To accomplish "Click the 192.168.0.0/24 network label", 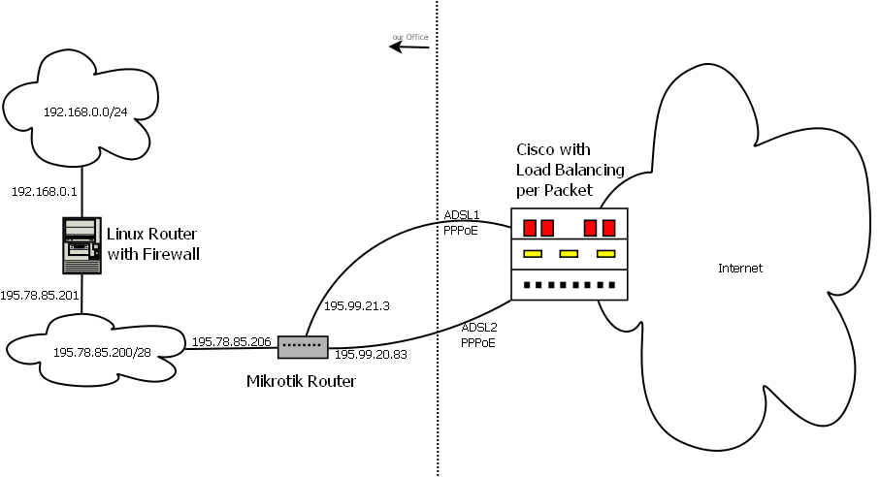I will pyautogui.click(x=85, y=112).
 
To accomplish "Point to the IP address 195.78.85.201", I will pyautogui.click(x=40, y=294).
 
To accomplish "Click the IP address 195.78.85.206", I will pyautogui.click(x=232, y=342).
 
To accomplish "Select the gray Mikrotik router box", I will pyautogui.click(x=303, y=345).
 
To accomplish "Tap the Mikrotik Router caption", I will pyautogui.click(x=302, y=382).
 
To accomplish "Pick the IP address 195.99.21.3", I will pyautogui.click(x=355, y=305).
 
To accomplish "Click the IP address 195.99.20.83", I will pyautogui.click(x=372, y=356).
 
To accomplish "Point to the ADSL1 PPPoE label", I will pyautogui.click(x=462, y=223).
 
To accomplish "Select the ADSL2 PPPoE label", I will pyautogui.click(x=479, y=334).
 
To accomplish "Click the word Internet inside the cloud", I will pyautogui.click(x=739, y=269).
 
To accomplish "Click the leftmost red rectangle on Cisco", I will pyautogui.click(x=530, y=228).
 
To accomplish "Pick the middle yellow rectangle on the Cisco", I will pyautogui.click(x=569, y=254).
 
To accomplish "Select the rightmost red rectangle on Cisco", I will pyautogui.click(x=609, y=228).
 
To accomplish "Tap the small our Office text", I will pyautogui.click(x=409, y=37).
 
